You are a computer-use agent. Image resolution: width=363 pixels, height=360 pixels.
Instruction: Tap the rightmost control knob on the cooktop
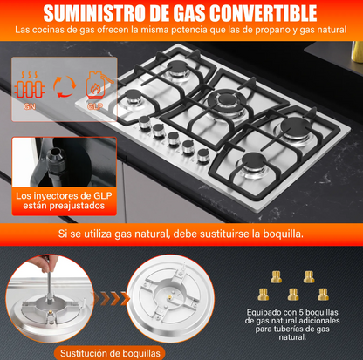point(202,156)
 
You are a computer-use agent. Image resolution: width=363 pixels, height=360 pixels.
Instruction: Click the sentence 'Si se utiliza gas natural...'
point(181,234)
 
